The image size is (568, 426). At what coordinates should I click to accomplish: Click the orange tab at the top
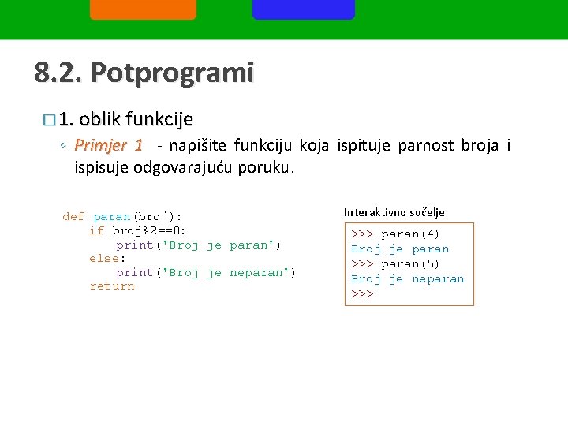pyautogui.click(x=143, y=9)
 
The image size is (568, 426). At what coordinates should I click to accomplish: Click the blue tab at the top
pyautogui.click(x=304, y=9)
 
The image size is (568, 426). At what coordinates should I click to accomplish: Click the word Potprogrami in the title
pyautogui.click(x=172, y=73)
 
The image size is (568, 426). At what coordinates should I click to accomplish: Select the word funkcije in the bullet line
pyautogui.click(x=160, y=119)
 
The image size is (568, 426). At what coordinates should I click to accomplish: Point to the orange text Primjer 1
pyautogui.click(x=108, y=145)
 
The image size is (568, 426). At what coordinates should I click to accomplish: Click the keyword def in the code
pyautogui.click(x=73, y=216)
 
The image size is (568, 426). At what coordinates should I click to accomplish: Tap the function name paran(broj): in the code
pyautogui.click(x=137, y=216)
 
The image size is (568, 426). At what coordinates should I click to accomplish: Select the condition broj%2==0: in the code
pyautogui.click(x=149, y=230)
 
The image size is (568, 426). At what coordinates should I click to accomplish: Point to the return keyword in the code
pyautogui.click(x=112, y=286)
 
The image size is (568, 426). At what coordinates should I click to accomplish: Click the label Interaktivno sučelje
pyautogui.click(x=394, y=212)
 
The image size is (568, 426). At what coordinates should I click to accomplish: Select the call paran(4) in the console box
pyautogui.click(x=410, y=234)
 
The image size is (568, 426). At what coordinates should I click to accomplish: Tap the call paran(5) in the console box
pyautogui.click(x=410, y=264)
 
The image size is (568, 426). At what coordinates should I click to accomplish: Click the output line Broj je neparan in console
pyautogui.click(x=407, y=279)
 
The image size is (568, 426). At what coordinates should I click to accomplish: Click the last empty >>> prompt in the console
pyautogui.click(x=362, y=294)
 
